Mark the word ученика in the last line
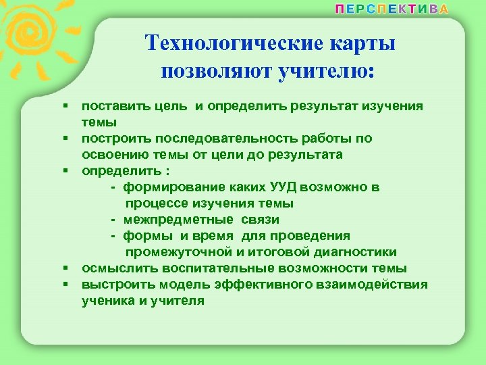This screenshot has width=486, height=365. pos(108,301)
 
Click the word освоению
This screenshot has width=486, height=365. pos(114,155)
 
